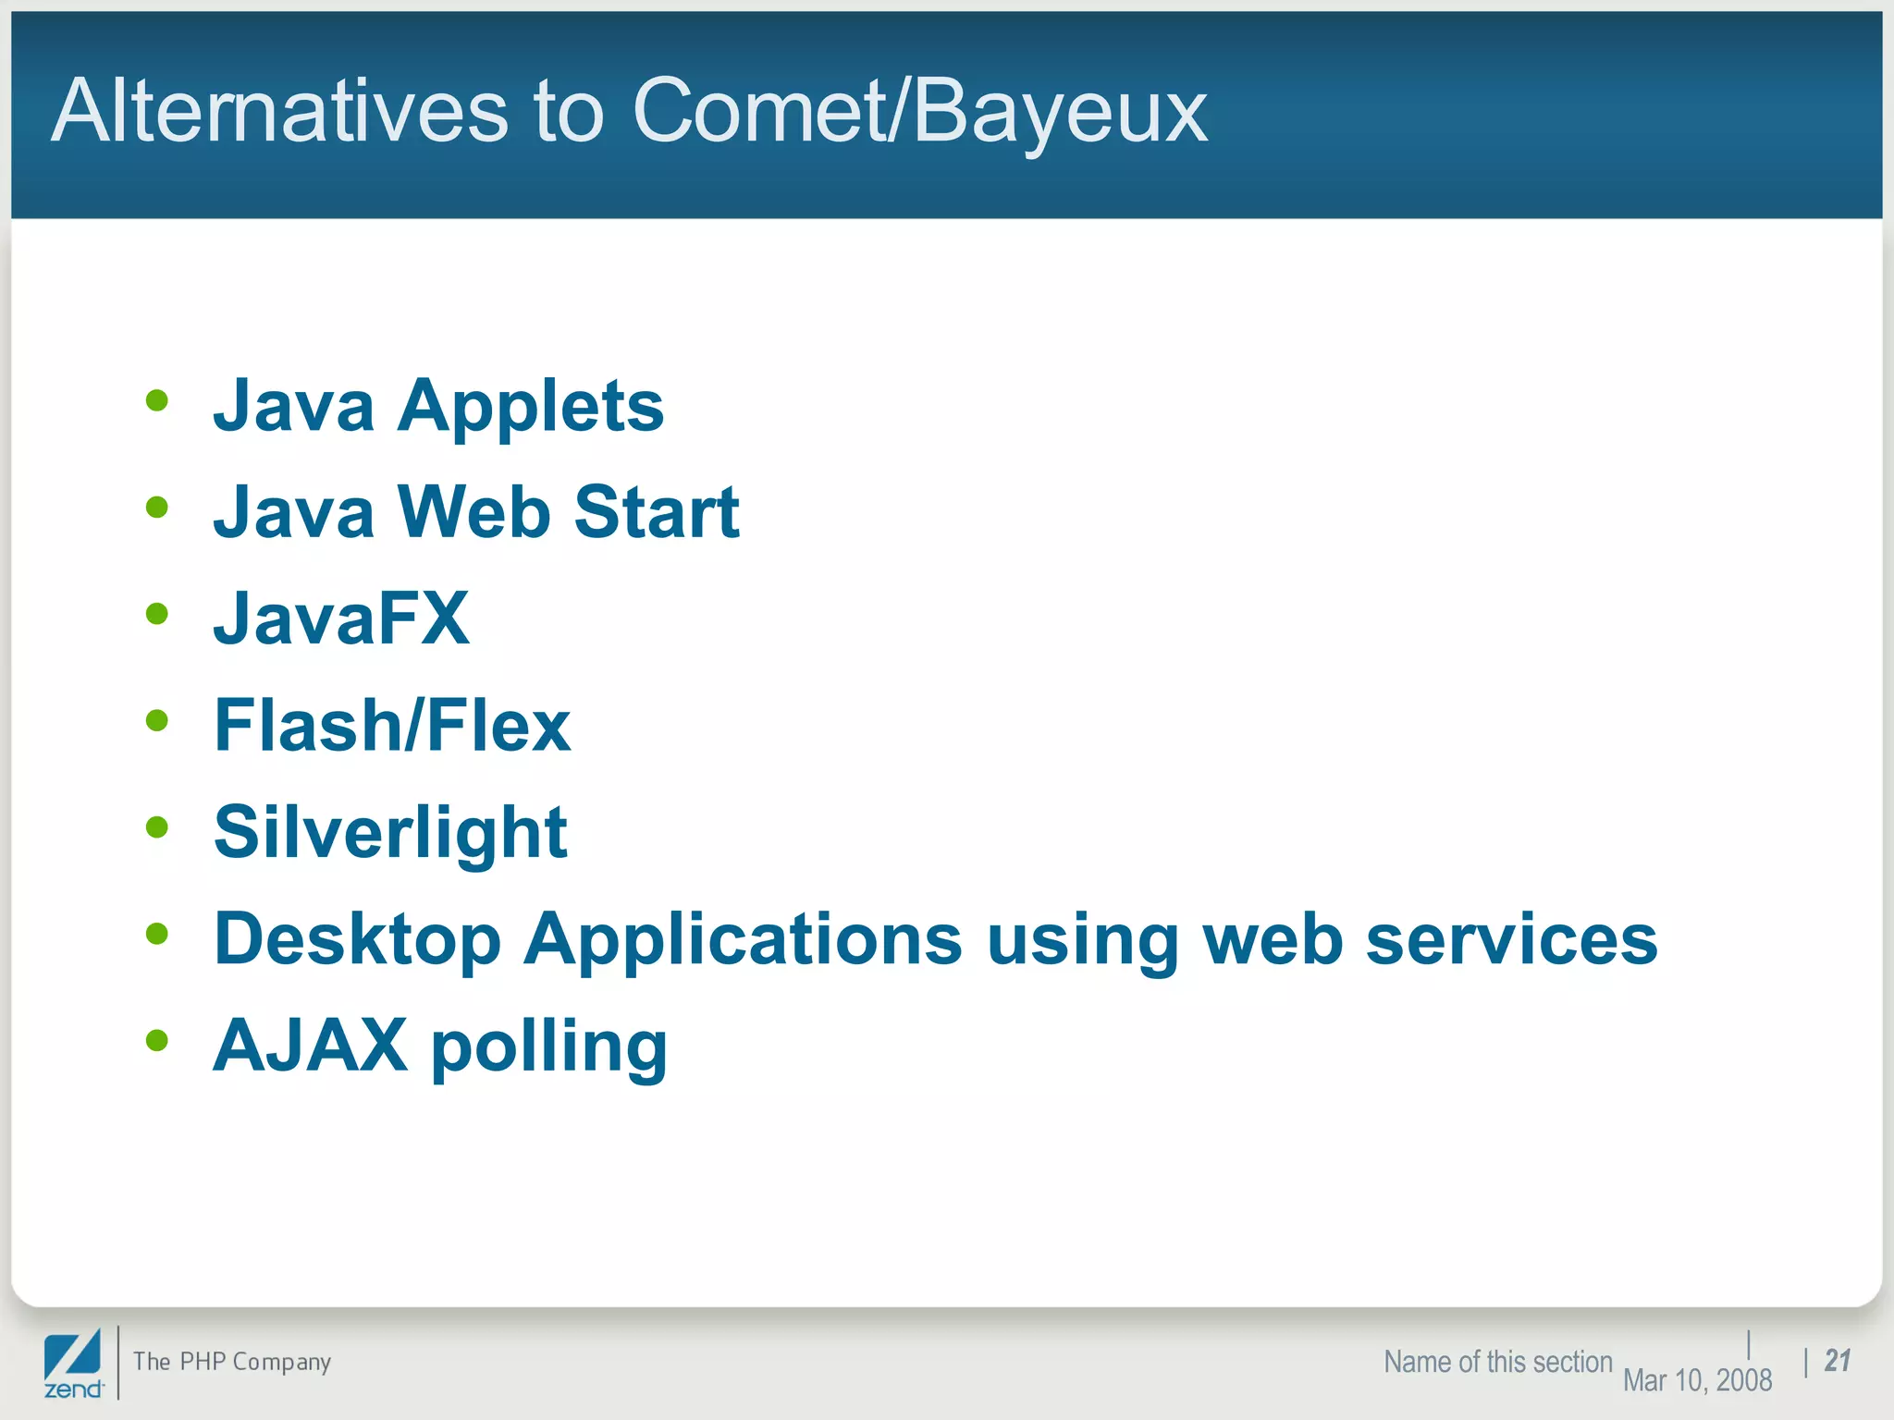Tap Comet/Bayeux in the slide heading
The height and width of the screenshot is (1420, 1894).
pos(919,113)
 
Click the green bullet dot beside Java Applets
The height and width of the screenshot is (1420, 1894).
pos(157,400)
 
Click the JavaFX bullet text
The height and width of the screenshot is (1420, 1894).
pos(341,618)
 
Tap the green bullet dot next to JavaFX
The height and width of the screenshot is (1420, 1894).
pos(157,614)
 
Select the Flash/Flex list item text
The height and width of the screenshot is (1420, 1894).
pos(391,726)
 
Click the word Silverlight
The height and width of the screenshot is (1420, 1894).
pos(389,832)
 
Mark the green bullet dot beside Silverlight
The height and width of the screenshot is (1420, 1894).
pos(157,826)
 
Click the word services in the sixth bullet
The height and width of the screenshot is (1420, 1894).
pos(1511,939)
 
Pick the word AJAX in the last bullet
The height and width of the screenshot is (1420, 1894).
pos(310,1046)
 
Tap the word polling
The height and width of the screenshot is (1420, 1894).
pos(548,1048)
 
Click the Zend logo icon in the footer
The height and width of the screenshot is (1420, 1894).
pos(73,1363)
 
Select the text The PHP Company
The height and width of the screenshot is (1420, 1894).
pos(231,1362)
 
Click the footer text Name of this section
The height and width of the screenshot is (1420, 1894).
pos(1497,1362)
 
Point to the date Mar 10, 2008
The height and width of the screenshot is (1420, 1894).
pos(1697,1380)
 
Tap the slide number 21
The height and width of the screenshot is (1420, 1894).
pos(1837,1360)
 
